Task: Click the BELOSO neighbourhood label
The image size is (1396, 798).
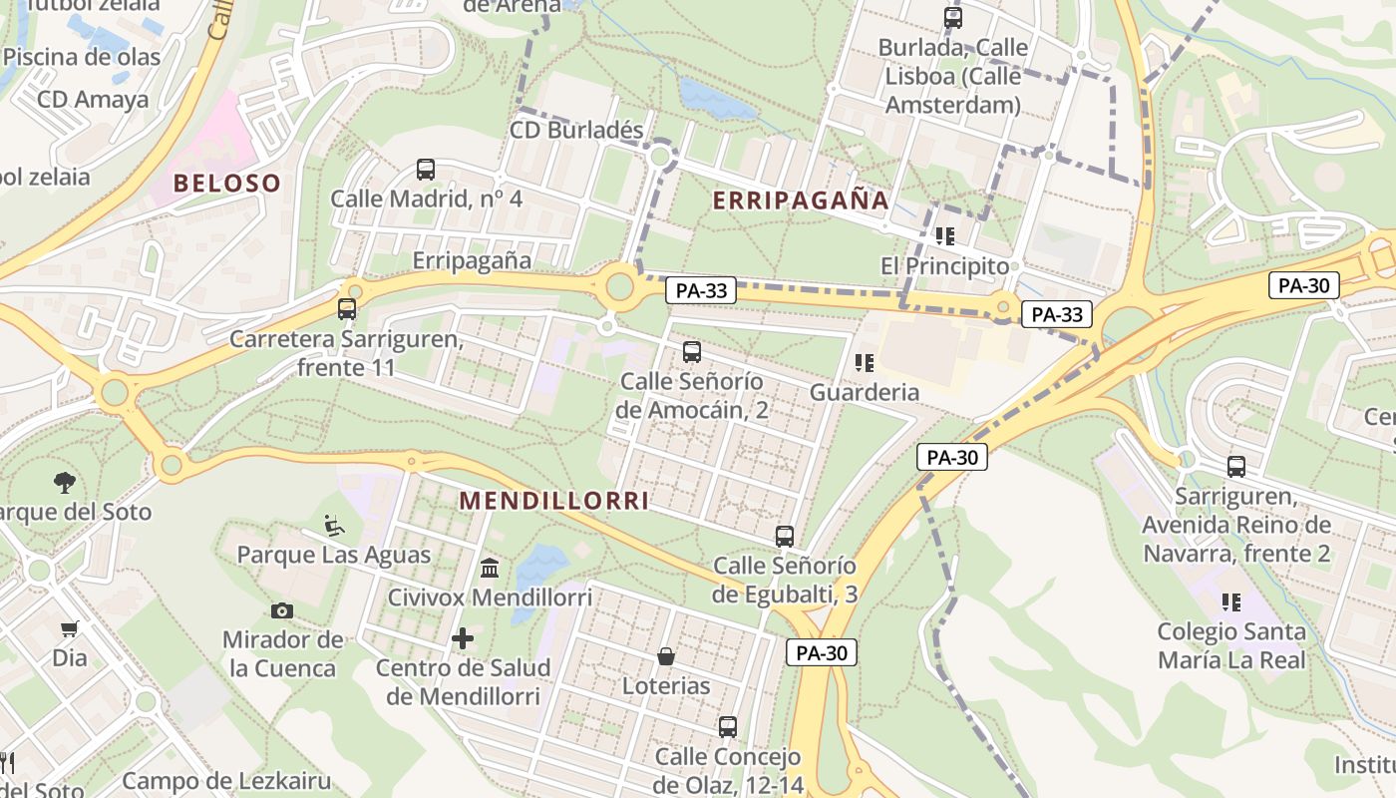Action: click(226, 184)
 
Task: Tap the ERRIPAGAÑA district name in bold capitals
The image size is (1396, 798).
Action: click(801, 200)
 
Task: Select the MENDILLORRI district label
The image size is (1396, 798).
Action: click(554, 501)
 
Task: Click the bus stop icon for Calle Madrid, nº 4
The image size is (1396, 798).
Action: click(426, 170)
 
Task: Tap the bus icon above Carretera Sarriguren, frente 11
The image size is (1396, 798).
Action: click(347, 309)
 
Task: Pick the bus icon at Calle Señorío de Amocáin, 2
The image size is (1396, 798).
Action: click(691, 352)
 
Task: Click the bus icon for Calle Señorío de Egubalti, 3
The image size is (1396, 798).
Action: click(785, 537)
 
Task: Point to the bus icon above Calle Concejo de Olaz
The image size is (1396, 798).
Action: click(728, 727)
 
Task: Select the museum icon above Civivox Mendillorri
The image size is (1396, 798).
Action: click(490, 569)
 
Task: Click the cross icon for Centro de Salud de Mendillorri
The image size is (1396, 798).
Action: click(463, 638)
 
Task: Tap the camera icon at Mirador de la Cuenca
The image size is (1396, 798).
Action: click(282, 610)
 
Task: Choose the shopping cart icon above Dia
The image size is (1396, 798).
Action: click(70, 628)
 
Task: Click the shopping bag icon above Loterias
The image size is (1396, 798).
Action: click(666, 656)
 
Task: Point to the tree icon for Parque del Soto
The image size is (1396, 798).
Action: click(64, 483)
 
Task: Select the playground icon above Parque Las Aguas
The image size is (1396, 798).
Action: click(334, 525)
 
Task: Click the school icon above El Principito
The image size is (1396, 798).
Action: click(944, 236)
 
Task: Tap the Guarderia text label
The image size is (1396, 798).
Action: click(865, 392)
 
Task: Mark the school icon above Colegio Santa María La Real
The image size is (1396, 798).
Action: click(1230, 601)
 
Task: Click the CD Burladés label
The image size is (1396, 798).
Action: click(576, 131)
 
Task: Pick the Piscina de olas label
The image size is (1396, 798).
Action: click(82, 57)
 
